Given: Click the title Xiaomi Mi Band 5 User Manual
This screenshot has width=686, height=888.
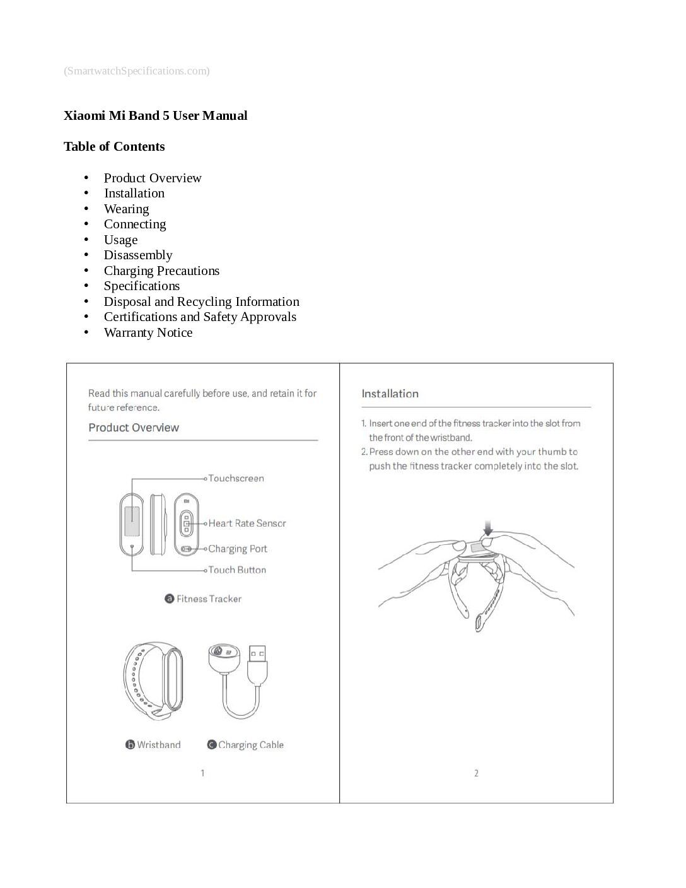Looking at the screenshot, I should (x=155, y=115).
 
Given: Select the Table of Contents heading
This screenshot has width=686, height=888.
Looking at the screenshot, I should (x=114, y=146).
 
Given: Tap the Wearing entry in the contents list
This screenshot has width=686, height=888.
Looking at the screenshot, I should (x=126, y=209).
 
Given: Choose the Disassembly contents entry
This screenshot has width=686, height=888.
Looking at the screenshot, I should (x=137, y=255).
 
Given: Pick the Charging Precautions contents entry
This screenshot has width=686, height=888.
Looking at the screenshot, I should (x=161, y=271).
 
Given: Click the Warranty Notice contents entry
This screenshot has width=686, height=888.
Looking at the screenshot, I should (x=148, y=332).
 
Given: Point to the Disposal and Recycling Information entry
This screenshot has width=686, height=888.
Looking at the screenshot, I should (x=201, y=301).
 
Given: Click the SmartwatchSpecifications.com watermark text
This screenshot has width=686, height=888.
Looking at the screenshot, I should (x=136, y=71).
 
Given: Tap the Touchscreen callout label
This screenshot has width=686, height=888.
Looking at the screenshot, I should (x=236, y=478).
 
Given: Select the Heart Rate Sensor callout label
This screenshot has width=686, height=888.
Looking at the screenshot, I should (x=247, y=523).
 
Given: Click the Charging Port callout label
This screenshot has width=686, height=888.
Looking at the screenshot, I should (x=238, y=549).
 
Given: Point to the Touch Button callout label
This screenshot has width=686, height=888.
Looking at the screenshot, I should (x=237, y=570).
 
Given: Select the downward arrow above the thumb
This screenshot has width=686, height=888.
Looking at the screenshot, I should (x=487, y=527).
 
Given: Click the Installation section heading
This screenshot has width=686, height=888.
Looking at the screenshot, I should (x=390, y=394).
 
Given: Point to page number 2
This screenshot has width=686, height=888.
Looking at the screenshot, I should (x=476, y=773).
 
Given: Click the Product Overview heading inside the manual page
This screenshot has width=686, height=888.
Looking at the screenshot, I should (x=134, y=428).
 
